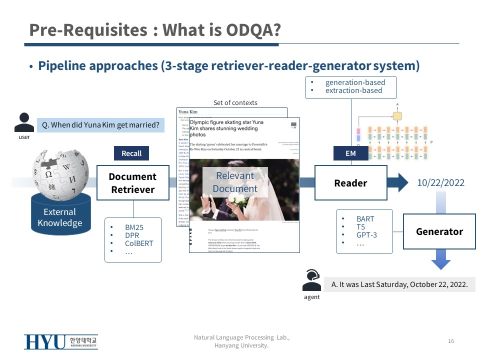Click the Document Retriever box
pos(133,183)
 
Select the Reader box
pos(350,183)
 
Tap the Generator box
pos(439,231)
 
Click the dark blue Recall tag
pos(131,153)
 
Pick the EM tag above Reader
pos(350,153)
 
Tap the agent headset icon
pos(311,281)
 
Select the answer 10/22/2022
pos(440,182)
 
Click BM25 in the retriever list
pos(134,227)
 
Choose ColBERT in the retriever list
pos(139,243)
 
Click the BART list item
pos(365,218)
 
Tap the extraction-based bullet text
pos(353,90)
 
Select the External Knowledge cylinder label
pos(60,217)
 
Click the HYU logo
pos(60,342)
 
